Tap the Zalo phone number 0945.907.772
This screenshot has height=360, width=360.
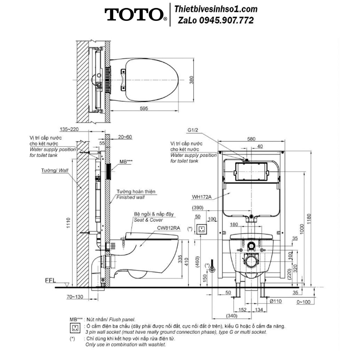226,21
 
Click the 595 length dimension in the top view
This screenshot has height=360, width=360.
144,108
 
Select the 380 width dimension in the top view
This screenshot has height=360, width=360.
191,80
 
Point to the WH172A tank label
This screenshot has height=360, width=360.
202,197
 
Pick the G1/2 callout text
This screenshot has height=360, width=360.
193,130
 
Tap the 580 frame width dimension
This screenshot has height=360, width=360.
251,139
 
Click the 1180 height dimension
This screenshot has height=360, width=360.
309,219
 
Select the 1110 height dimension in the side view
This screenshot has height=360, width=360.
68,223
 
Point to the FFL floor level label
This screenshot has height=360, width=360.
50,280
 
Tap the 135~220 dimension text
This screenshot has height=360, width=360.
69,129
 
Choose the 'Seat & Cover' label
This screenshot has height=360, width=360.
148,220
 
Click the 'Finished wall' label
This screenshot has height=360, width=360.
130,197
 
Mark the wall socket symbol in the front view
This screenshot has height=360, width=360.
201,229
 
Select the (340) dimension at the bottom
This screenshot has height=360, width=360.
231,316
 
